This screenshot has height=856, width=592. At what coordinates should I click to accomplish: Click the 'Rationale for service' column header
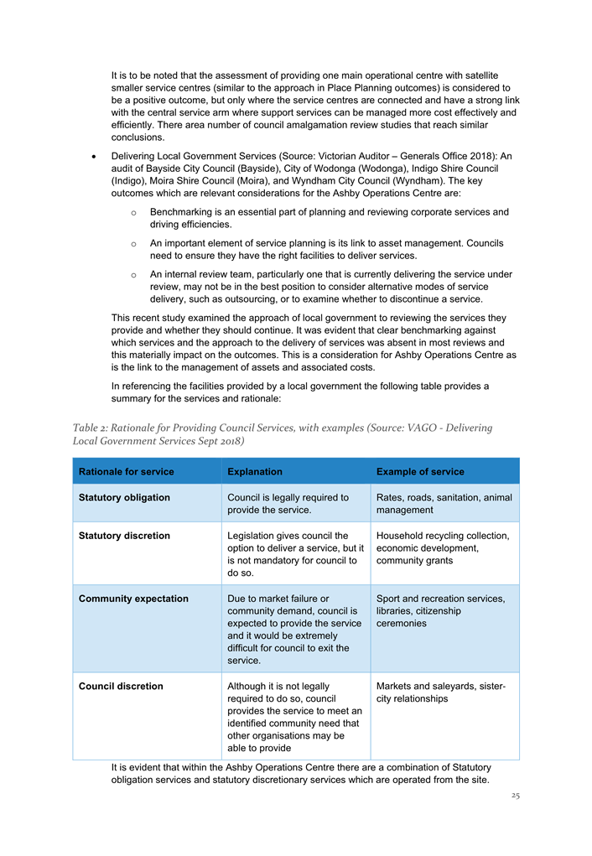[126, 471]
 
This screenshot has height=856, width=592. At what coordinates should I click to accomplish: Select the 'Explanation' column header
[254, 471]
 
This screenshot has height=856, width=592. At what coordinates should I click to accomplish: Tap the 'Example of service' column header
[419, 471]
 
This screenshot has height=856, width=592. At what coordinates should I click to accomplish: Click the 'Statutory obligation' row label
[124, 497]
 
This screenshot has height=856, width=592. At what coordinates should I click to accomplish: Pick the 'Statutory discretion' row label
[124, 536]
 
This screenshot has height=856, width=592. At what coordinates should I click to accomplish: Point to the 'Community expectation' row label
[133, 599]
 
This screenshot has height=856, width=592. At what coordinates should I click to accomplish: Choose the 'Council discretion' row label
[121, 686]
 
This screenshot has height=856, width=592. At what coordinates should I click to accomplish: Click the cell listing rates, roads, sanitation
[444, 503]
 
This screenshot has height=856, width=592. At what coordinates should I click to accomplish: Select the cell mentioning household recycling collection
[442, 547]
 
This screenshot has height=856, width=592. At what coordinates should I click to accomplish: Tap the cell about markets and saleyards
[440, 692]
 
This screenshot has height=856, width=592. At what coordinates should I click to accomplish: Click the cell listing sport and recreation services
[440, 610]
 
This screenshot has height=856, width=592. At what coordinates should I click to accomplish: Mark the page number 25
[515, 796]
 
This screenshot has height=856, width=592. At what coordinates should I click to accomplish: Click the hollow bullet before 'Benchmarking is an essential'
[133, 212]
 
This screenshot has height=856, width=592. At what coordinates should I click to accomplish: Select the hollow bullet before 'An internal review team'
[133, 275]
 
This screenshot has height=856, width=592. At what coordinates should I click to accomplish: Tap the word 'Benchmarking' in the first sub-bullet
[182, 212]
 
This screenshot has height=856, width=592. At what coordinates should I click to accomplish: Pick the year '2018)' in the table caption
[228, 440]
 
